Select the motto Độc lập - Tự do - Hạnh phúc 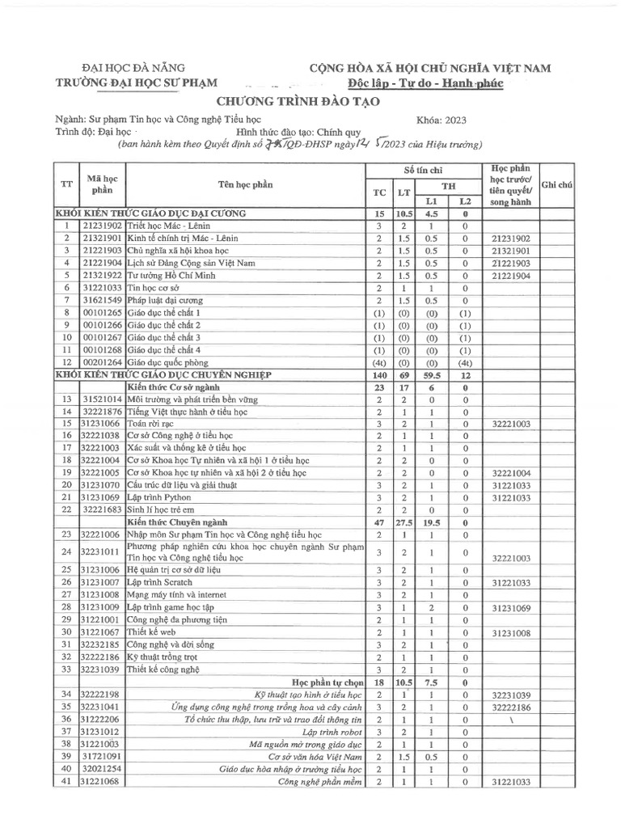click(437, 83)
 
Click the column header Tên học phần click(245, 184)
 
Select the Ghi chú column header click(557, 184)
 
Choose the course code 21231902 click(102, 227)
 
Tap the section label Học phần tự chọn click(326, 682)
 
